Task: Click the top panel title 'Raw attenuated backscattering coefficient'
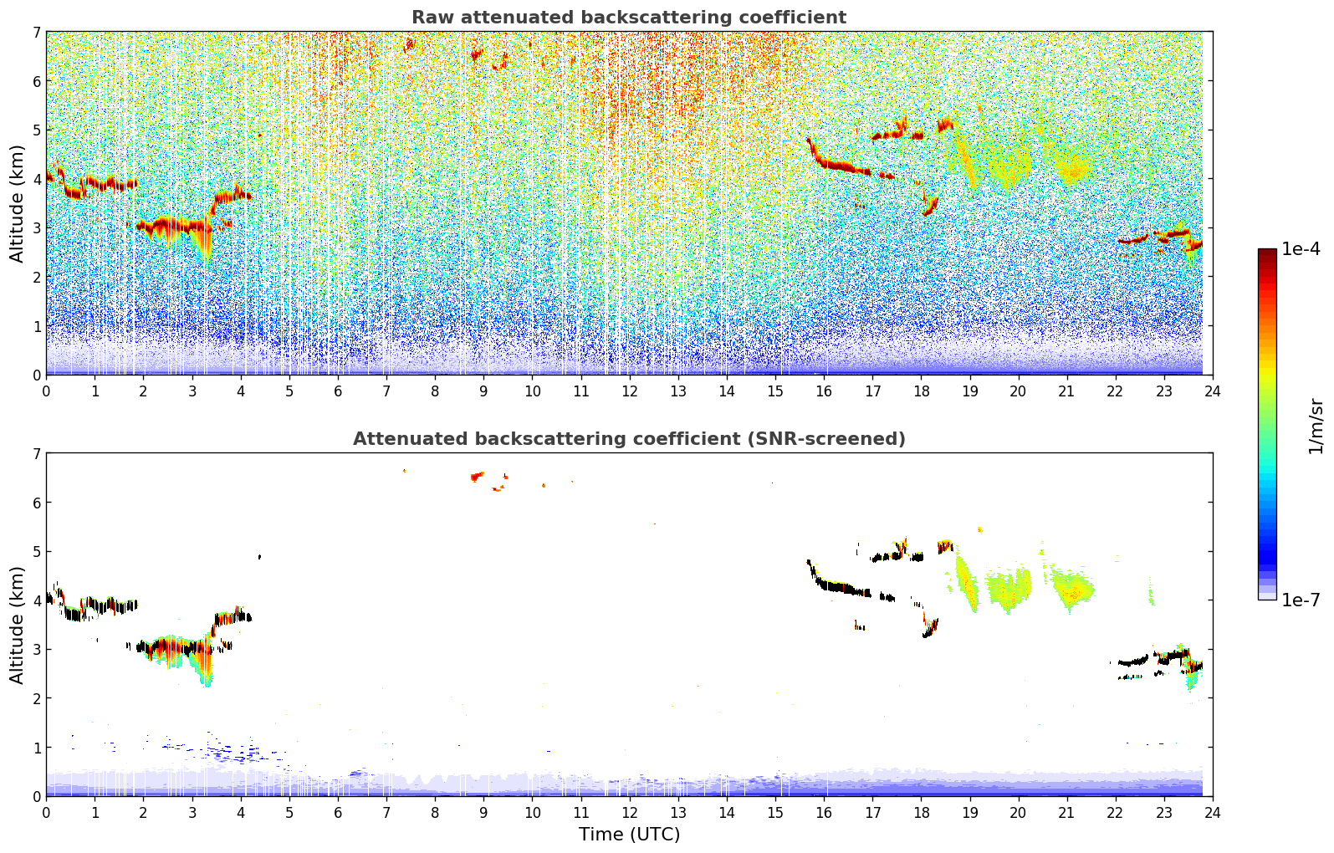[x=629, y=18]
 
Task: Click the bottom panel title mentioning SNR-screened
[x=629, y=439]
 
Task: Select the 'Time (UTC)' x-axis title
[x=629, y=835]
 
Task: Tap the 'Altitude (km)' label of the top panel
[x=18, y=203]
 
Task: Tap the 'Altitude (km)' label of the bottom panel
[x=18, y=625]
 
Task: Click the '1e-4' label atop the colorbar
[x=1301, y=249]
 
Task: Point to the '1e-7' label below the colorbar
[x=1301, y=600]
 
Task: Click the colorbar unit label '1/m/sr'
[x=1316, y=425]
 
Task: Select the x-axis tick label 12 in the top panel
[x=629, y=391]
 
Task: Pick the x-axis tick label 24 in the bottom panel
[x=1212, y=812]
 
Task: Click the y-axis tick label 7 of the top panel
[x=36, y=33]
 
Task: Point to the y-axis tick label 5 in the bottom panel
[x=36, y=552]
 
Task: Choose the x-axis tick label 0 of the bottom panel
[x=46, y=812]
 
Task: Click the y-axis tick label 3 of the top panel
[x=36, y=228]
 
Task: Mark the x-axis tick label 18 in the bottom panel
[x=920, y=812]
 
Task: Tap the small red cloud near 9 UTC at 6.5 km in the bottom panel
[x=477, y=477]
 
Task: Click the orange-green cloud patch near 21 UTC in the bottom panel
[x=1074, y=590]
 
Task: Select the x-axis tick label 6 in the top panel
[x=338, y=391]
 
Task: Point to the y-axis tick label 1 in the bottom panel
[x=36, y=748]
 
